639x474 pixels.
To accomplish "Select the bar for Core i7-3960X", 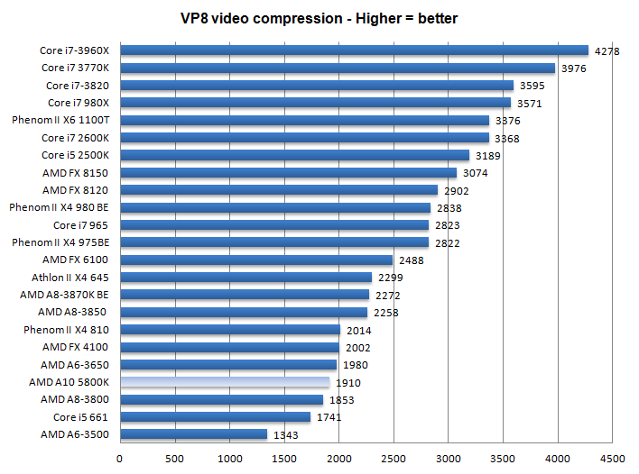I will pos(354,50).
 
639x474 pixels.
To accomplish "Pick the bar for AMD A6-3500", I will pos(193,434).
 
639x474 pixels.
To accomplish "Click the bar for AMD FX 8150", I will pos(288,172).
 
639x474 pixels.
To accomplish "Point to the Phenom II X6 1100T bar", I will pos(304,120).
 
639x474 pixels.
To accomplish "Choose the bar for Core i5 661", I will pos(215,417).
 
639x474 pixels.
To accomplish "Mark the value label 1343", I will pos(286,435).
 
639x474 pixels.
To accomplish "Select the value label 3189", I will pos(487,156).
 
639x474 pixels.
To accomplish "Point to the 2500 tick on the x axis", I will pos(393,458).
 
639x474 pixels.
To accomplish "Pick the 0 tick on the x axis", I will pos(120,458).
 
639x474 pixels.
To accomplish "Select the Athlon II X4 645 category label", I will pos(69,278).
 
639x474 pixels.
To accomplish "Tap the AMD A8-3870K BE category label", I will pos(64,295).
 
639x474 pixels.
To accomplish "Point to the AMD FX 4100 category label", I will pos(75,347).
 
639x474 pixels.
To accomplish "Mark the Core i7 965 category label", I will pos(80,225).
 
